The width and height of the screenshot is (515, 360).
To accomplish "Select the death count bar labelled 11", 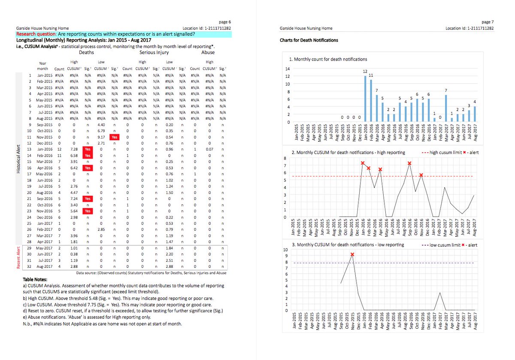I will coord(371,100).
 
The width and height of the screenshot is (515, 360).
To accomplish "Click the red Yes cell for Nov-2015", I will coord(114,137).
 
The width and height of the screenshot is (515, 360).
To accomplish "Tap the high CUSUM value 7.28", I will coord(73,149).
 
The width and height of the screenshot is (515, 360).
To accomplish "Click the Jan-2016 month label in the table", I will coord(45,149).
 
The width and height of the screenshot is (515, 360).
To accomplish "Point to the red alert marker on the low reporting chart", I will coord(352,254).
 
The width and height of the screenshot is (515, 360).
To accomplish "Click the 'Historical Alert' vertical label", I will coord(19,161).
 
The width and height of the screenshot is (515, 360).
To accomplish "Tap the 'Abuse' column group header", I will coord(208,52).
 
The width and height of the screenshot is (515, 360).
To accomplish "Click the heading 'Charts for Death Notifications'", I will coord(309,40).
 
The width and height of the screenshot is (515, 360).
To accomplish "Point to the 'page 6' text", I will coord(225,21).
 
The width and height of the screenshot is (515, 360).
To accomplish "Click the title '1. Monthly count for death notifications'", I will coord(328,59).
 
